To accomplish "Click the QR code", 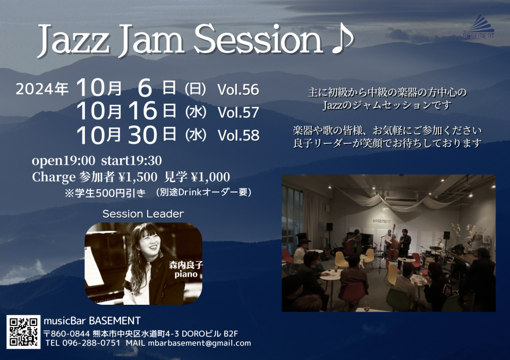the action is click(23, 332).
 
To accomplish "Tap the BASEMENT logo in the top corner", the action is click(479, 26).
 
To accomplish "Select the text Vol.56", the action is click(238, 89).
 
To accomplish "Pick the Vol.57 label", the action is click(238, 113).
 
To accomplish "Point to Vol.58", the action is click(239, 135).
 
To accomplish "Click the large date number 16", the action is click(143, 111).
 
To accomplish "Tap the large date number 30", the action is click(143, 135).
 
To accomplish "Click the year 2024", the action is click(35, 89).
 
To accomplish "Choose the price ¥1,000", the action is click(210, 177).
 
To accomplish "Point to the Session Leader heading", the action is click(143, 213).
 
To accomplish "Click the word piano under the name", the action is click(186, 274).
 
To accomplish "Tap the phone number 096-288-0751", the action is click(91, 343).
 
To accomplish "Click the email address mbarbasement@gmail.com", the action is click(199, 343).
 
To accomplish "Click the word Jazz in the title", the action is click(73, 41).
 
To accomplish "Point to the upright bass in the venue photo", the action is click(392, 245).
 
